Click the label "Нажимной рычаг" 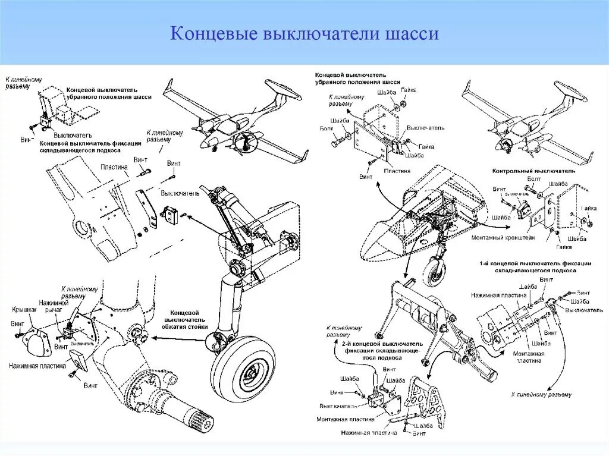(48, 306)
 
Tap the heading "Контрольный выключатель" (533, 171)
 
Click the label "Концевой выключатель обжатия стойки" (186, 319)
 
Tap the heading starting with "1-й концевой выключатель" (535, 266)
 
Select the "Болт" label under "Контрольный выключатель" (533, 178)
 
